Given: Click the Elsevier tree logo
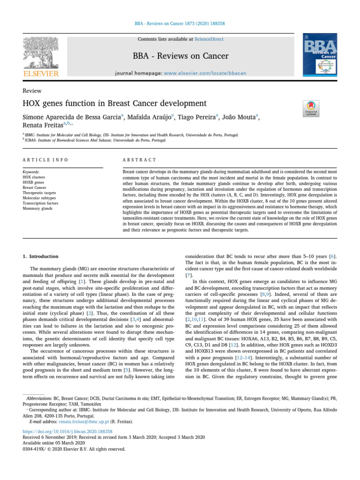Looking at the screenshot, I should point(41,54).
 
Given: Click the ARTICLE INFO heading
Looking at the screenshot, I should point(45,160).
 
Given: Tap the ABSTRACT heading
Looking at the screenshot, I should point(140,160).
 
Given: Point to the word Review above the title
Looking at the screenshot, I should point(32,91).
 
